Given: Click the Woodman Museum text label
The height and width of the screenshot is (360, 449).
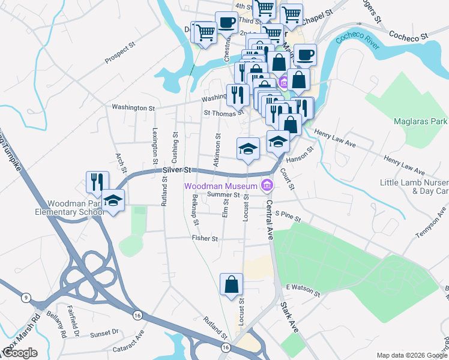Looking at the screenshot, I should (x=220, y=185).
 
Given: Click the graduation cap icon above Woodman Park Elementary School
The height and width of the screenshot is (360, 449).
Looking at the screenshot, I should (x=112, y=200).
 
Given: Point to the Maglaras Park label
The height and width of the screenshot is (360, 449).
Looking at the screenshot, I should (x=421, y=121).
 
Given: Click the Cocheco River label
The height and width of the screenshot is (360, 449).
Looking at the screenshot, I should (x=359, y=41).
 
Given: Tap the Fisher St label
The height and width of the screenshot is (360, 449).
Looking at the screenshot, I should (x=205, y=238).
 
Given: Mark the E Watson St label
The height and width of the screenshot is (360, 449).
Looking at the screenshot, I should (x=303, y=289).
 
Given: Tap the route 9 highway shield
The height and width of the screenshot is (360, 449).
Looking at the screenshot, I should (x=26, y=298).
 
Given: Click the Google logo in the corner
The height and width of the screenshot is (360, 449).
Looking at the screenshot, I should (x=20, y=352).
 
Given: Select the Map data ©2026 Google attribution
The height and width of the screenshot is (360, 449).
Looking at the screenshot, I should (x=411, y=355).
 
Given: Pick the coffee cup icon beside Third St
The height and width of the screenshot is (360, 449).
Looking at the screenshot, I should (x=226, y=23).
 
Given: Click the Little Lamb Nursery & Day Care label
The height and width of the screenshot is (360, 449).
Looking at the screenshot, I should (x=414, y=187).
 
